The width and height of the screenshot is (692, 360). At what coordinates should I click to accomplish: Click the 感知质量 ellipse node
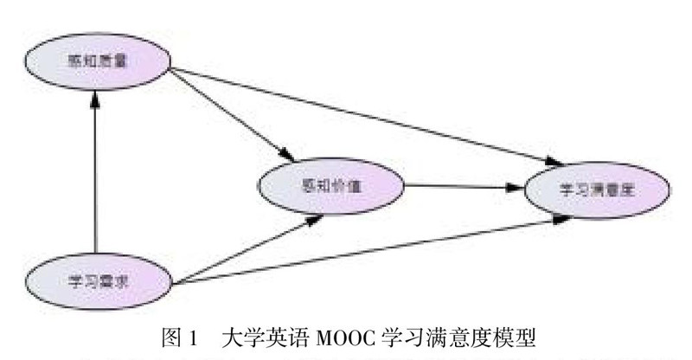pyautogui.click(x=96, y=60)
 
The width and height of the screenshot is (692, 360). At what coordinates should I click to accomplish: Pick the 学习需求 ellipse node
pyautogui.click(x=96, y=279)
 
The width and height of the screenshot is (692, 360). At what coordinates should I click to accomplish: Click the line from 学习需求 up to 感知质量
pyautogui.click(x=96, y=173)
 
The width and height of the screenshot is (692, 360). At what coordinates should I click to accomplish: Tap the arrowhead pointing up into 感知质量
pyautogui.click(x=96, y=97)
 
